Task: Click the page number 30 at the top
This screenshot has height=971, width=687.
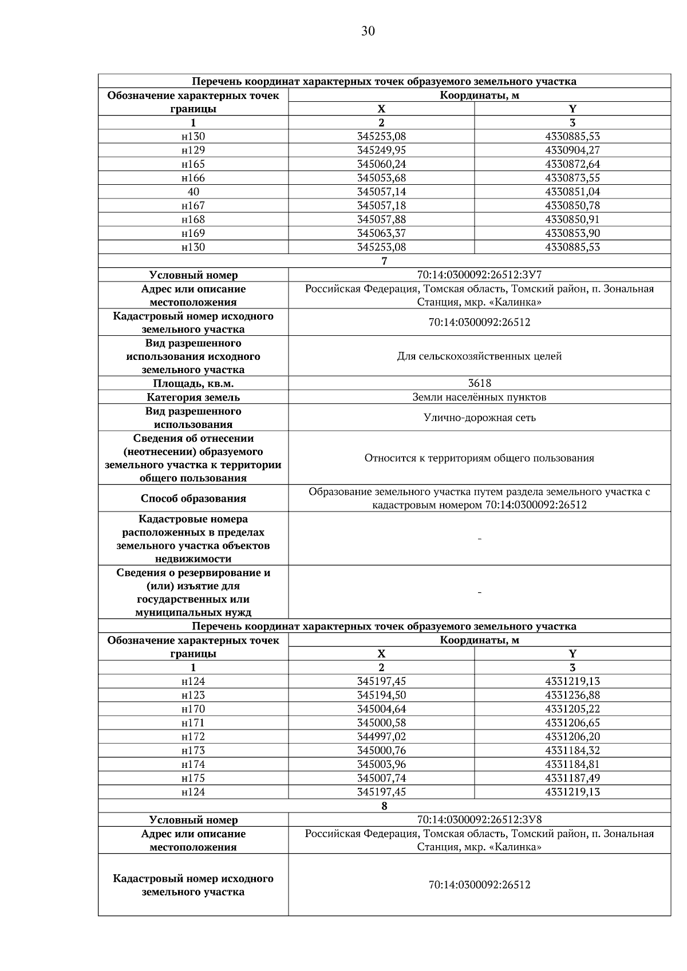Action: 368,31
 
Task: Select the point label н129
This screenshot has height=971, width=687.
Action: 193,150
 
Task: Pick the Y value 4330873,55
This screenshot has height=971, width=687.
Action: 572,178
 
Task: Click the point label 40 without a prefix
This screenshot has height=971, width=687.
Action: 193,192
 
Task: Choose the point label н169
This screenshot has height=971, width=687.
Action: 193,233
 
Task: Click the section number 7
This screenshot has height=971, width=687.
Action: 384,261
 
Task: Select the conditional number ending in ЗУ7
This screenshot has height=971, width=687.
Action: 479,275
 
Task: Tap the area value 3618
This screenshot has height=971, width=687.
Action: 479,383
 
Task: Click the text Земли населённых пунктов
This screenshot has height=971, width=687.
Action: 479,397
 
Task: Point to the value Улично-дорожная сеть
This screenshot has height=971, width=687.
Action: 479,418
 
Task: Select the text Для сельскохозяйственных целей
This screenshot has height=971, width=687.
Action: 479,356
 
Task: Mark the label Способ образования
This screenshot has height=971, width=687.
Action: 193,498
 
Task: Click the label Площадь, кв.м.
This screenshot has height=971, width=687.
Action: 193,383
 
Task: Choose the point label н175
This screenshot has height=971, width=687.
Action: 193,778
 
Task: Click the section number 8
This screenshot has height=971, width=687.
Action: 384,806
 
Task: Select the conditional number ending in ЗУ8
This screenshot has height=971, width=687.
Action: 479,820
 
